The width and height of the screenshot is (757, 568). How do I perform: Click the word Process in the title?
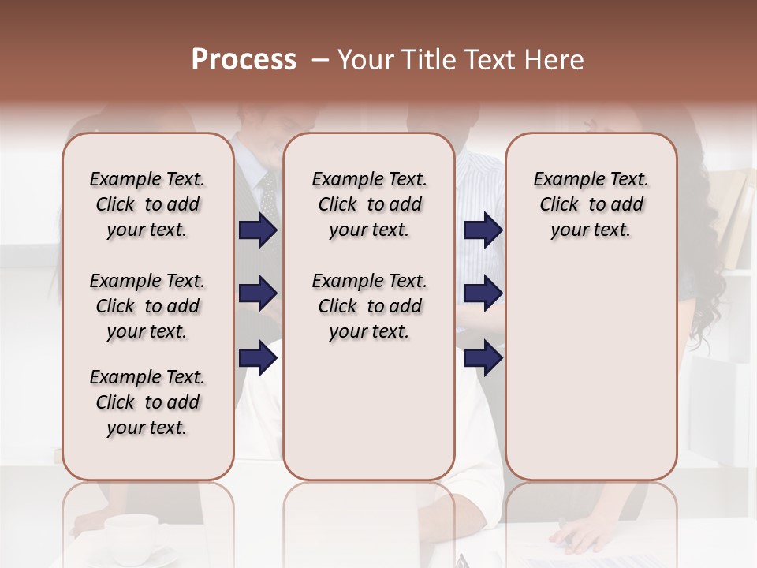tap(244, 60)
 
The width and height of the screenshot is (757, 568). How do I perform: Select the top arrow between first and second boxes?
tap(258, 230)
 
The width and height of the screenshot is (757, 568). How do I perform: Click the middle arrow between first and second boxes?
tap(258, 294)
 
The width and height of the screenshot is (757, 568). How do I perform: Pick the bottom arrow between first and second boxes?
tap(258, 358)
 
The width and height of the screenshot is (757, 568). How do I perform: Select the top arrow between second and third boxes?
tap(483, 230)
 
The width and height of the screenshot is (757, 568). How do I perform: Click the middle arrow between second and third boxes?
tap(483, 294)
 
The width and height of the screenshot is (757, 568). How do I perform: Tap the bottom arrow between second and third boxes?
tap(483, 358)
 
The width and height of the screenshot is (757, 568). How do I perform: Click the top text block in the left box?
tap(147, 204)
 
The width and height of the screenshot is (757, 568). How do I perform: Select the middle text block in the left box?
tap(147, 306)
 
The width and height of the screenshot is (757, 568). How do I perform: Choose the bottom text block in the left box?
tap(147, 402)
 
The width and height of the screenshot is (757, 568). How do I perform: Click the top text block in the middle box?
tap(369, 204)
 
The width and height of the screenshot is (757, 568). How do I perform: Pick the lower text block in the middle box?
tap(369, 306)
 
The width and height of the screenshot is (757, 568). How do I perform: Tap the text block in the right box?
tap(591, 204)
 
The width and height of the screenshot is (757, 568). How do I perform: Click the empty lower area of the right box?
tap(591, 379)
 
